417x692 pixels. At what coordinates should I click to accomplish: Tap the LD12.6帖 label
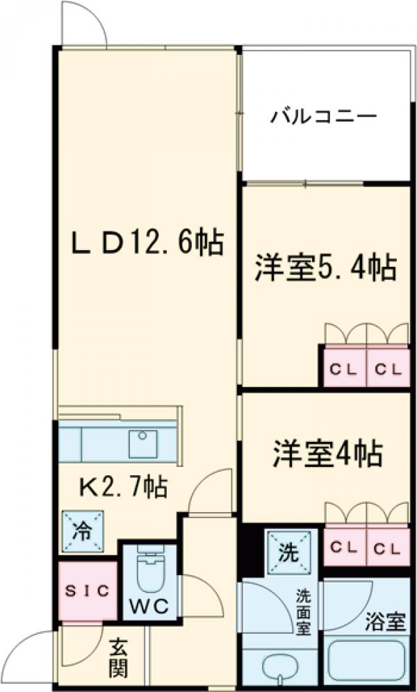[147, 243]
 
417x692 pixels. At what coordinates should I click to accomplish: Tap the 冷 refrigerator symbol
[83, 533]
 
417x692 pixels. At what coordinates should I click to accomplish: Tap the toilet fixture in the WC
[149, 573]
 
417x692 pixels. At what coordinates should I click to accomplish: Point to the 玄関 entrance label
[118, 659]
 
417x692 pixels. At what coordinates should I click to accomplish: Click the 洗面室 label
[304, 611]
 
